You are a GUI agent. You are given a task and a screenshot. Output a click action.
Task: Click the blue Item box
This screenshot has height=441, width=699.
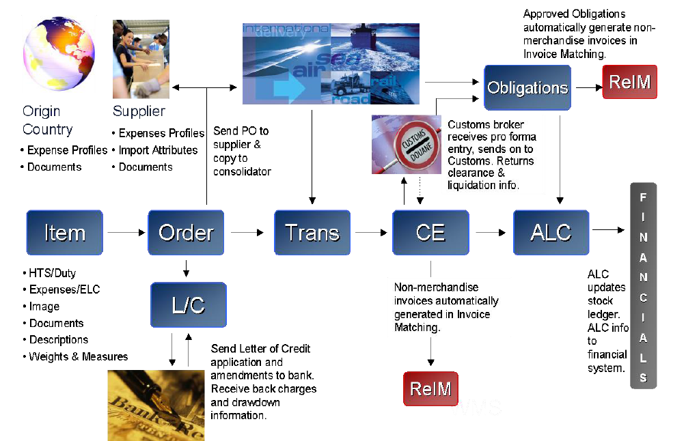click(x=64, y=233)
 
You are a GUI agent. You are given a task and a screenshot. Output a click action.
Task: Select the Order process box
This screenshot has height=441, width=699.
click(x=186, y=233)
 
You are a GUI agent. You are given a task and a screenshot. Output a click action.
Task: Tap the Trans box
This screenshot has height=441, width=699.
click(x=312, y=233)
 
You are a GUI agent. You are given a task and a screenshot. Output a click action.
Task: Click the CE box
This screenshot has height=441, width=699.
click(x=430, y=233)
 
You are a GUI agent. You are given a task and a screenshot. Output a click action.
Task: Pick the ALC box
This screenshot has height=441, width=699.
click(x=551, y=233)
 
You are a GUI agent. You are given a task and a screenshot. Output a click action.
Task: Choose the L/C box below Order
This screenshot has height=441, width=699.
click(x=188, y=304)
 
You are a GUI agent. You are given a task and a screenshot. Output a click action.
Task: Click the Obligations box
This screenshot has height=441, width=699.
click(x=527, y=88)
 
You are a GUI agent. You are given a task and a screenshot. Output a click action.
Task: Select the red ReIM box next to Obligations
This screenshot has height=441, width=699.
click(x=629, y=83)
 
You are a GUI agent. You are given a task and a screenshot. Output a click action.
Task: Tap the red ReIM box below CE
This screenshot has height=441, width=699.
click(x=430, y=388)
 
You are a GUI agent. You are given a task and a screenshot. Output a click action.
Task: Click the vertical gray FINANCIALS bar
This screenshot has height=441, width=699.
click(x=643, y=287)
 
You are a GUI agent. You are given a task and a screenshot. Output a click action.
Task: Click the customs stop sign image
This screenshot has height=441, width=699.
click(x=407, y=145)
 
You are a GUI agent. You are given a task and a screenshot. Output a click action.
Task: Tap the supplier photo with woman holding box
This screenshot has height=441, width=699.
click(x=141, y=59)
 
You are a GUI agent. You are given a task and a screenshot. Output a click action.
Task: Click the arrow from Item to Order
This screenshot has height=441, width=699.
click(x=125, y=233)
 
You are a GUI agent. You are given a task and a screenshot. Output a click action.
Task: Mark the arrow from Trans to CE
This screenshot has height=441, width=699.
click(x=371, y=233)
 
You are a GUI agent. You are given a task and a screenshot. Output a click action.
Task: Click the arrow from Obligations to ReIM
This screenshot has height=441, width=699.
click(x=587, y=87)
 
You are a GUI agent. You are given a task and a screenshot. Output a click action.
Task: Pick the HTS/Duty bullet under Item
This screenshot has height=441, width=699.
click(x=52, y=273)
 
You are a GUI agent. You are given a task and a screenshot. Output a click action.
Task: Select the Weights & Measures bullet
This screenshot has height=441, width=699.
click(x=78, y=356)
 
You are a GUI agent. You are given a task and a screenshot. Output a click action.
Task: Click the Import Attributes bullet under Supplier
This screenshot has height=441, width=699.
click(x=158, y=150)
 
